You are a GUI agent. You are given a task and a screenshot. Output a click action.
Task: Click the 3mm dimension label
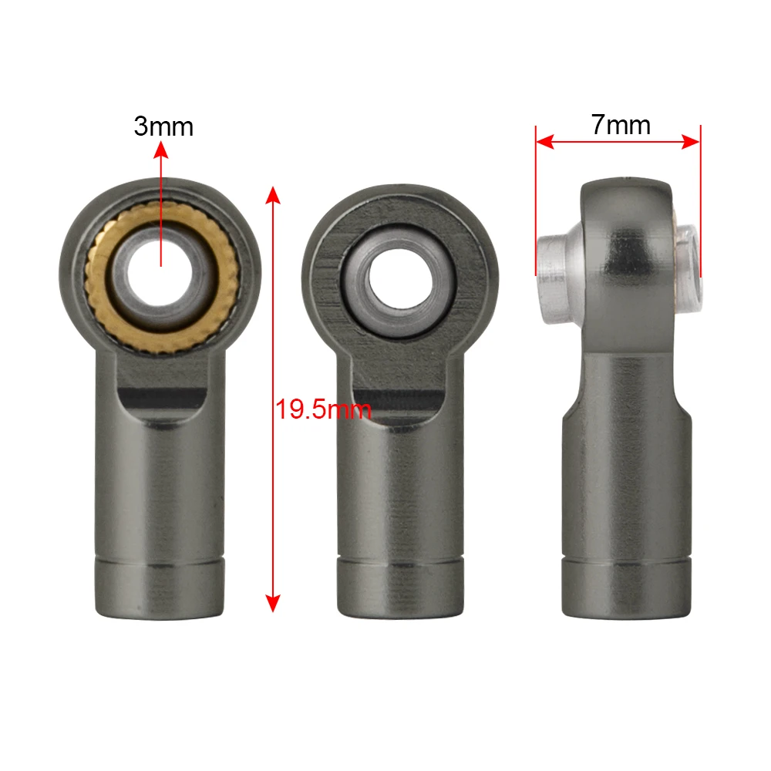pos(163,126)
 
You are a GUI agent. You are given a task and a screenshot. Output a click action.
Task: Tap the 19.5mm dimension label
pos(324,409)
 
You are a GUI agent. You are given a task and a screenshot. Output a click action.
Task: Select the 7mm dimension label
pos(621,125)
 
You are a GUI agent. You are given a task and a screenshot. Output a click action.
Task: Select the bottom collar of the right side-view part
pos(625,588)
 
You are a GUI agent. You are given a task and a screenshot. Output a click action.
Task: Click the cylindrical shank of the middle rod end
pos(399,486)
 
